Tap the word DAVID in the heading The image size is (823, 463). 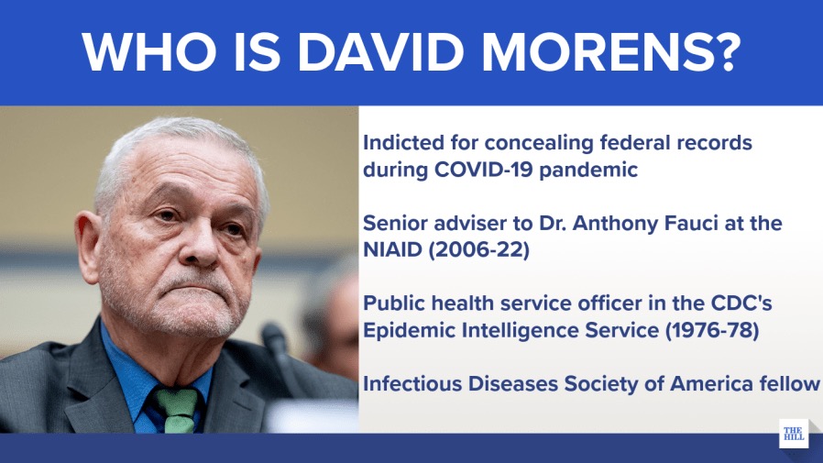tap(381, 52)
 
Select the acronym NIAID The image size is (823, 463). tap(392, 249)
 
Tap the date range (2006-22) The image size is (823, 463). tap(478, 250)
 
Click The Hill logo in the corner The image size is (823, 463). tap(794, 434)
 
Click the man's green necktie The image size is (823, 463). tap(177, 411)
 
